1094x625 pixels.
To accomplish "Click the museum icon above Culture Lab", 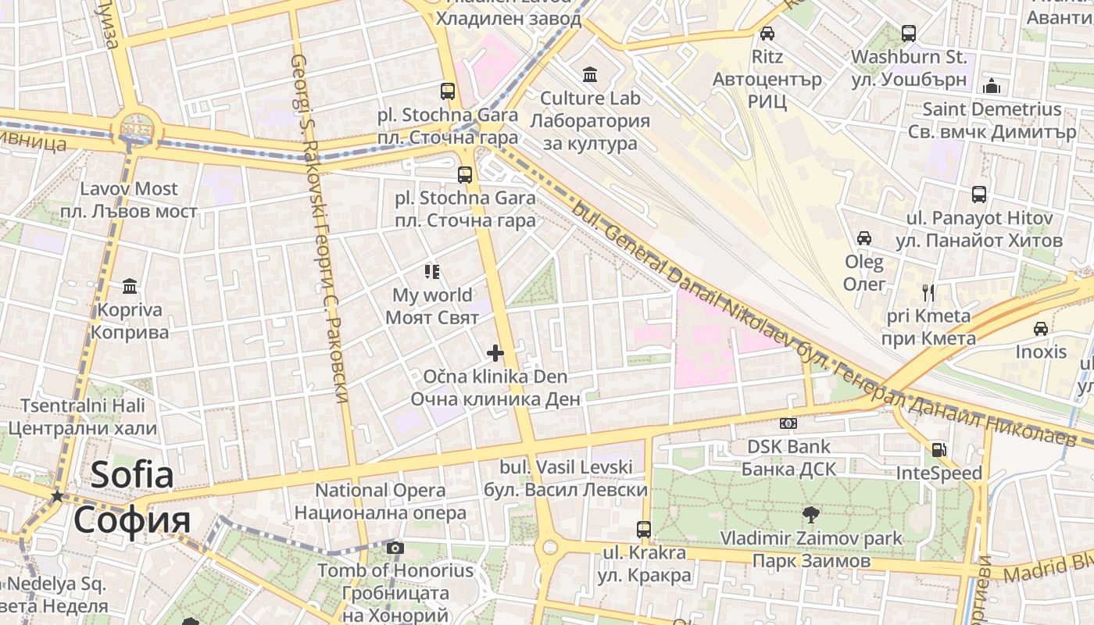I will click(x=590, y=75).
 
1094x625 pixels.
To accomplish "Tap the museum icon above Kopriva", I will click(x=130, y=286).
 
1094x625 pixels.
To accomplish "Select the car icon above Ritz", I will click(x=767, y=34).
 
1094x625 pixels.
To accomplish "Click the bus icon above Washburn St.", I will click(x=908, y=34).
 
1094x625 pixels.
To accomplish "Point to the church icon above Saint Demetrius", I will click(x=992, y=85).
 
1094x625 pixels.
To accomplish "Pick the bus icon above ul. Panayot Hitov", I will click(x=978, y=195).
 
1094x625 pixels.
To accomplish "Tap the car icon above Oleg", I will click(x=864, y=238).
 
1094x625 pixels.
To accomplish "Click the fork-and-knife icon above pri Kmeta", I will click(x=928, y=293).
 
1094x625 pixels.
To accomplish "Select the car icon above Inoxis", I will click(x=1040, y=329).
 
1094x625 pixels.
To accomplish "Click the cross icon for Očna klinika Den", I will click(x=495, y=353).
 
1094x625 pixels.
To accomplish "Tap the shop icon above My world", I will click(x=432, y=272).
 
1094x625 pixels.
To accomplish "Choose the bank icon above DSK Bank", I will click(x=788, y=423).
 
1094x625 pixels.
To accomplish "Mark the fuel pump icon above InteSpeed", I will click(x=938, y=450).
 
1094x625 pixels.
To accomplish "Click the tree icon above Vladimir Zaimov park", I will click(x=811, y=514).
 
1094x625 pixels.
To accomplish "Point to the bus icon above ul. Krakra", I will click(x=643, y=530).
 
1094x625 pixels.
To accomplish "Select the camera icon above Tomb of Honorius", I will click(x=395, y=548).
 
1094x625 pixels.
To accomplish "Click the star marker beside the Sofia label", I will click(x=57, y=497).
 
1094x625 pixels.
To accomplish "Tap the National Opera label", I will click(x=381, y=502).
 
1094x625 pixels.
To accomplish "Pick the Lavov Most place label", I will click(x=130, y=200).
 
